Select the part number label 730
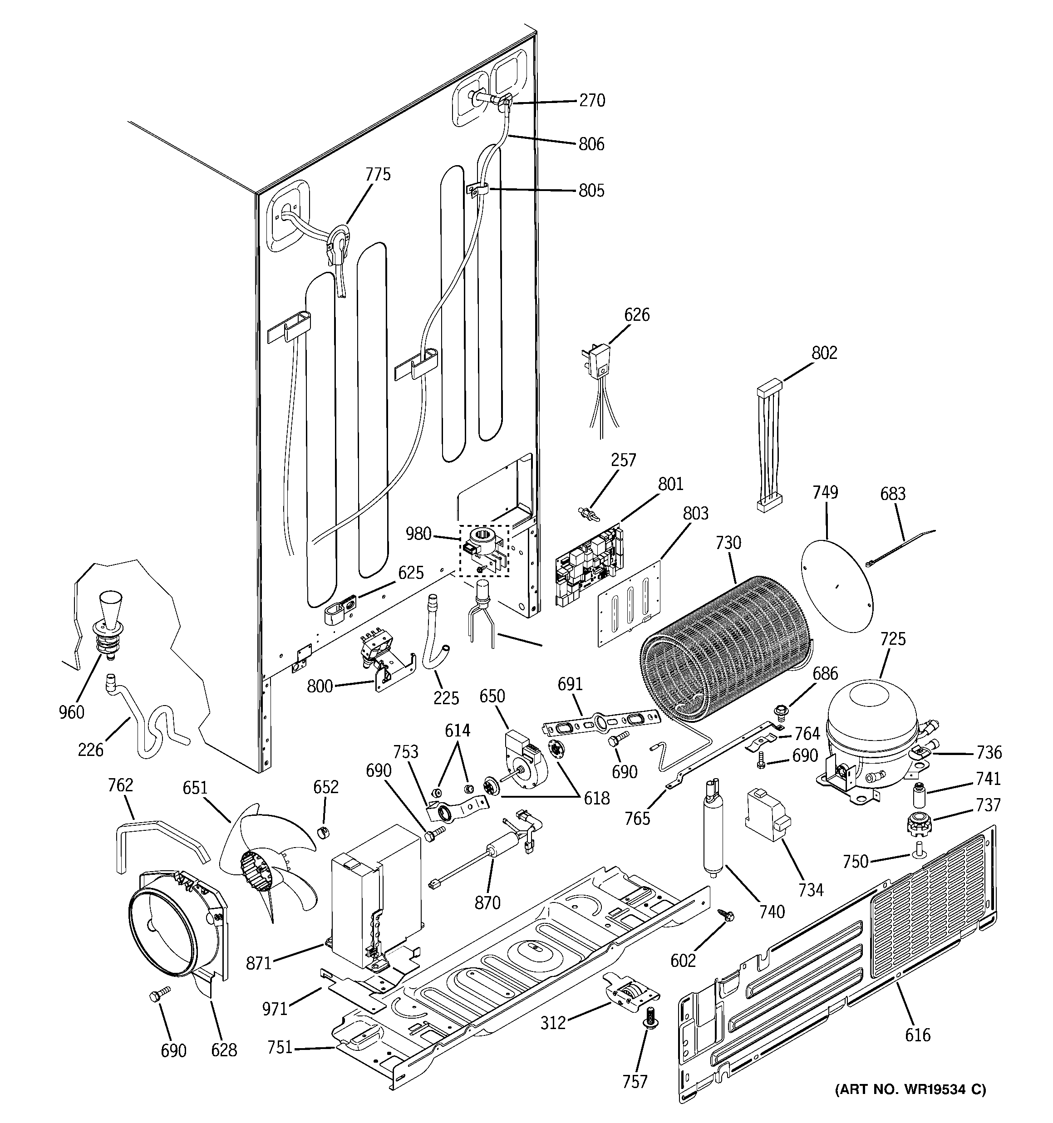pyautogui.click(x=728, y=543)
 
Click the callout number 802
pyautogui.click(x=824, y=353)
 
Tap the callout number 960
pyautogui.click(x=71, y=712)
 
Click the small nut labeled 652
pyautogui.click(x=323, y=832)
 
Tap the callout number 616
pyautogui.click(x=917, y=1035)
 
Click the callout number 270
pyautogui.click(x=592, y=101)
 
